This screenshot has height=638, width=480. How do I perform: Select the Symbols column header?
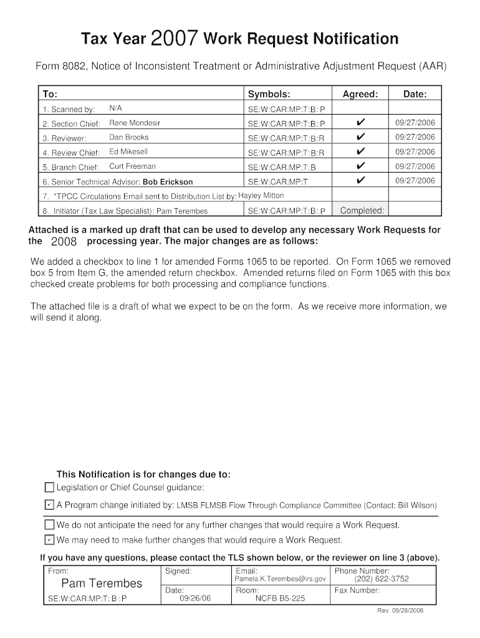pyautogui.click(x=269, y=94)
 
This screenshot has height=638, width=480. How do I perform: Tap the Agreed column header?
pyautogui.click(x=360, y=94)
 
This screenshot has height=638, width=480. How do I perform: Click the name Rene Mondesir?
pyautogui.click(x=135, y=123)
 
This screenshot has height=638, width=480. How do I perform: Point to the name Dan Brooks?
pyautogui.click(x=129, y=137)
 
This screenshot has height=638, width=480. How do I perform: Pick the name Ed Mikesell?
pyautogui.click(x=128, y=151)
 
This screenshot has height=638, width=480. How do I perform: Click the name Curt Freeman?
pyautogui.click(x=132, y=166)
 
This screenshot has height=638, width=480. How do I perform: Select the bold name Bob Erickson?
pyautogui.click(x=168, y=182)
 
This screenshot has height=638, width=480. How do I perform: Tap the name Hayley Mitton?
pyautogui.click(x=261, y=196)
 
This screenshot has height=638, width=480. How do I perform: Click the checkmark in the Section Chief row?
pyautogui.click(x=360, y=123)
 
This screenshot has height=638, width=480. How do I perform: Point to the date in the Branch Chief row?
pyautogui.click(x=415, y=166)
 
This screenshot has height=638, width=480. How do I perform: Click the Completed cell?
pyautogui.click(x=362, y=211)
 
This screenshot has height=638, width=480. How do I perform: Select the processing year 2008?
pyautogui.click(x=64, y=242)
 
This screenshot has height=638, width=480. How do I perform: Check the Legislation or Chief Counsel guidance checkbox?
pyautogui.click(x=50, y=487)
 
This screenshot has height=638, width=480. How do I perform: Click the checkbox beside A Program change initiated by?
pyautogui.click(x=50, y=505)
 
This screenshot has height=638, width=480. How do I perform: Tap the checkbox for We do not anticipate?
pyautogui.click(x=50, y=525)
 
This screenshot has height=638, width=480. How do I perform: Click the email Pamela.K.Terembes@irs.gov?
pyautogui.click(x=280, y=579)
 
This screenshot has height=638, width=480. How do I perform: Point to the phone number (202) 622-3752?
pyautogui.click(x=382, y=579)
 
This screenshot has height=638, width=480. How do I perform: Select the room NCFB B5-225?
pyautogui.click(x=280, y=599)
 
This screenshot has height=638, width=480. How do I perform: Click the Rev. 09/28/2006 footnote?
pyautogui.click(x=400, y=611)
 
